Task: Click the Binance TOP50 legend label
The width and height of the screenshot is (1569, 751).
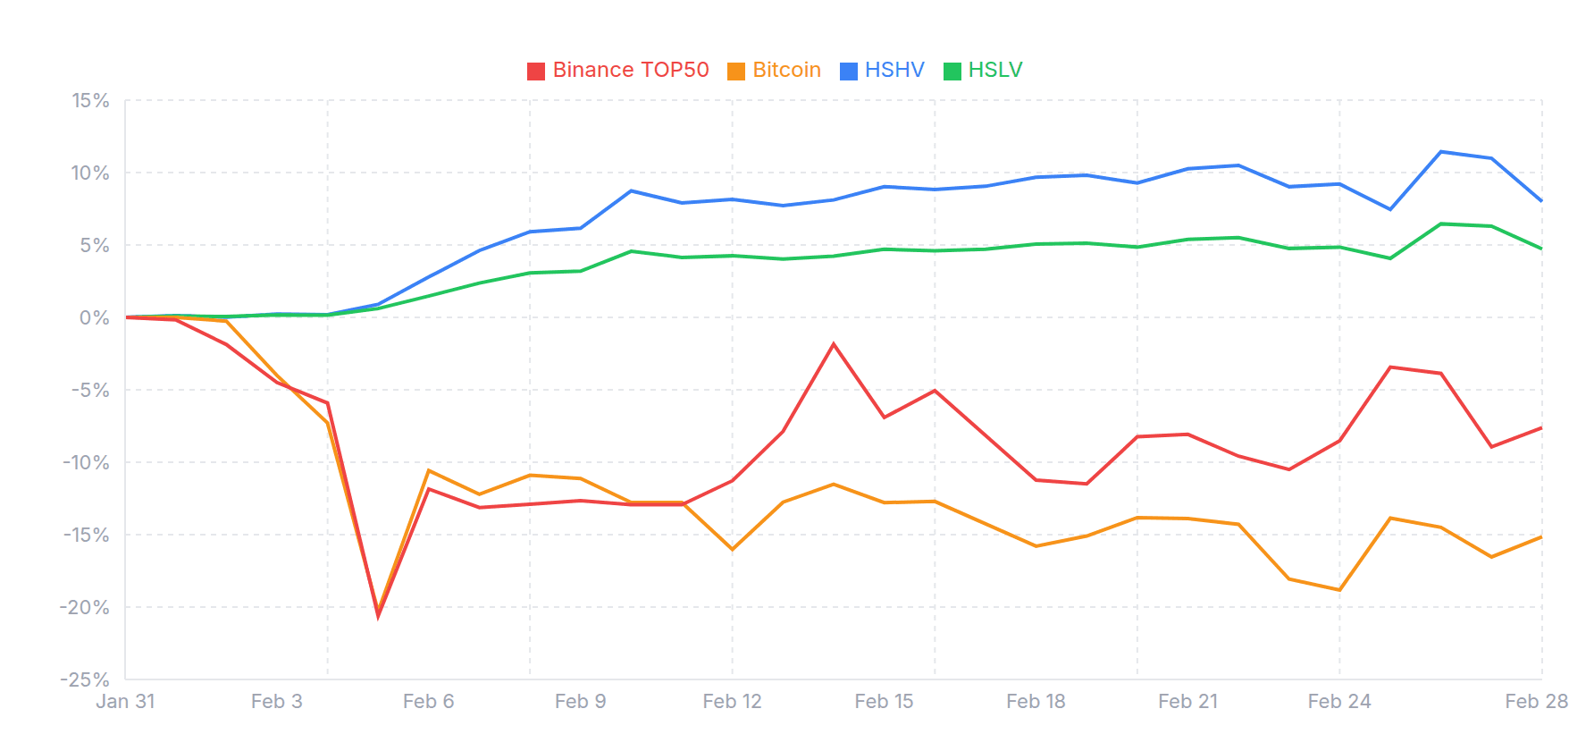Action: pos(630,70)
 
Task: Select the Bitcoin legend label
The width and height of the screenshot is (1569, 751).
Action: pos(786,70)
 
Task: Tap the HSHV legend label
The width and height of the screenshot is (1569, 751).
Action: pos(894,70)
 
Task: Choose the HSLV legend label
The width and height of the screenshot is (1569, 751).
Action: pos(994,70)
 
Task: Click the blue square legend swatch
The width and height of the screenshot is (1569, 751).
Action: pos(849,72)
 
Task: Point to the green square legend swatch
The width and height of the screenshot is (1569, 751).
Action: pos(952,72)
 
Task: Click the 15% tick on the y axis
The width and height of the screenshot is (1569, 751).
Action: pos(90,100)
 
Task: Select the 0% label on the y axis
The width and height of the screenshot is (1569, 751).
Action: pos(94,317)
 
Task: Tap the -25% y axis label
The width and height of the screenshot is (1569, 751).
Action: pos(85,679)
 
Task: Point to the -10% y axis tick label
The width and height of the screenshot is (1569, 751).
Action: pos(85,462)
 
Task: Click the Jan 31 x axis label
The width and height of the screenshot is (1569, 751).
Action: pos(125,702)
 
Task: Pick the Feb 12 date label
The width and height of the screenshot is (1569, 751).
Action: pos(732,702)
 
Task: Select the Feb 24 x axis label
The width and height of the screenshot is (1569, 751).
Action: pos(1338,702)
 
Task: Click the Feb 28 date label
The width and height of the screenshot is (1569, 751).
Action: pos(1535,702)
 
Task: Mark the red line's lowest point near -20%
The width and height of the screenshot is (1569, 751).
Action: pos(378,616)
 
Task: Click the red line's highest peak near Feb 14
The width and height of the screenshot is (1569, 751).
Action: pos(834,344)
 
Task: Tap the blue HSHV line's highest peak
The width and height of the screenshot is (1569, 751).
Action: pos(1441,152)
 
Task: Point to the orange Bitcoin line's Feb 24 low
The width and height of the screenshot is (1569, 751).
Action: pos(1339,590)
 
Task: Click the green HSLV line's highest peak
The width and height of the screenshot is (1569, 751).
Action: pos(1441,224)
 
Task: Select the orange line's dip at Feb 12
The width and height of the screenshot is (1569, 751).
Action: pos(733,549)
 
